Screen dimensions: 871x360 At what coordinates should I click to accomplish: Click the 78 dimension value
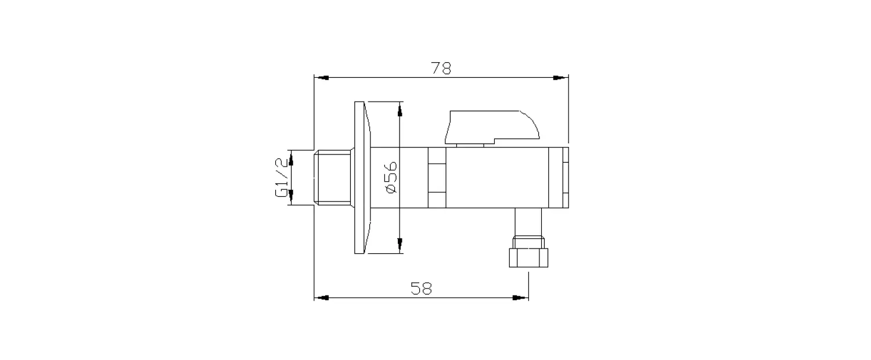pos(441,69)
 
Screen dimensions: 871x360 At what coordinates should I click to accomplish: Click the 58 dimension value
pos(421,289)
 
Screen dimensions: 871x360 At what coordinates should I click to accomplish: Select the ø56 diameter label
pos(391,178)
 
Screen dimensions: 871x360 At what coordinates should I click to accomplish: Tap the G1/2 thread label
pos(282,177)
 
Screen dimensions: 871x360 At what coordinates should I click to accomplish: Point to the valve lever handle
pos(492,127)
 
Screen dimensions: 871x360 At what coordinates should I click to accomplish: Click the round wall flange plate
pos(362,178)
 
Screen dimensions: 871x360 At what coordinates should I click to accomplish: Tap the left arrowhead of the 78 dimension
pos(321,78)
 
